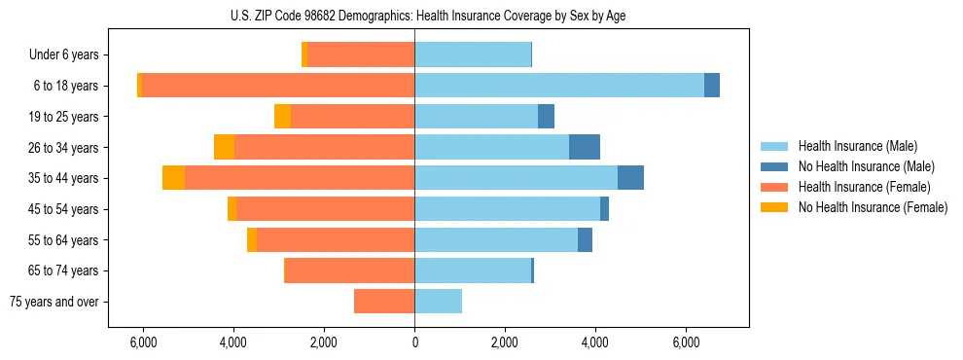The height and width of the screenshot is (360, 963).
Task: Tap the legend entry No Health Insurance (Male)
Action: (x=866, y=166)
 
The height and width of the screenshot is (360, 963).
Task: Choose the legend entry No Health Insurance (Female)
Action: (x=872, y=207)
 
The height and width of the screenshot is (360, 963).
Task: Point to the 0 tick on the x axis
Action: (x=414, y=342)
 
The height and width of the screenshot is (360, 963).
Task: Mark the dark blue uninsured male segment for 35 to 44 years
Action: (x=630, y=178)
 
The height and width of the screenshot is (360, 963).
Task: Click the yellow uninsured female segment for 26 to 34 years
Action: (x=224, y=147)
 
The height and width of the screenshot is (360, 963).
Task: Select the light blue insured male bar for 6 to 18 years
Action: (x=559, y=86)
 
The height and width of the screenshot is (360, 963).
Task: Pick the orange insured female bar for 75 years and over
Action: (x=384, y=302)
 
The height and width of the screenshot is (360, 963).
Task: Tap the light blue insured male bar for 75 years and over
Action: (x=438, y=302)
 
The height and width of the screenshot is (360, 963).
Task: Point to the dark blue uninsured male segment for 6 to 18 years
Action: (x=712, y=86)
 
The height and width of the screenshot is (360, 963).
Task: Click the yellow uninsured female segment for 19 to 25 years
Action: (x=282, y=117)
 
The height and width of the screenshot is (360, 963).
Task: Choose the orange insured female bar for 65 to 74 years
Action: (x=349, y=270)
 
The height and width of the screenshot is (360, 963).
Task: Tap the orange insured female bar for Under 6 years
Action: (x=361, y=54)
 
